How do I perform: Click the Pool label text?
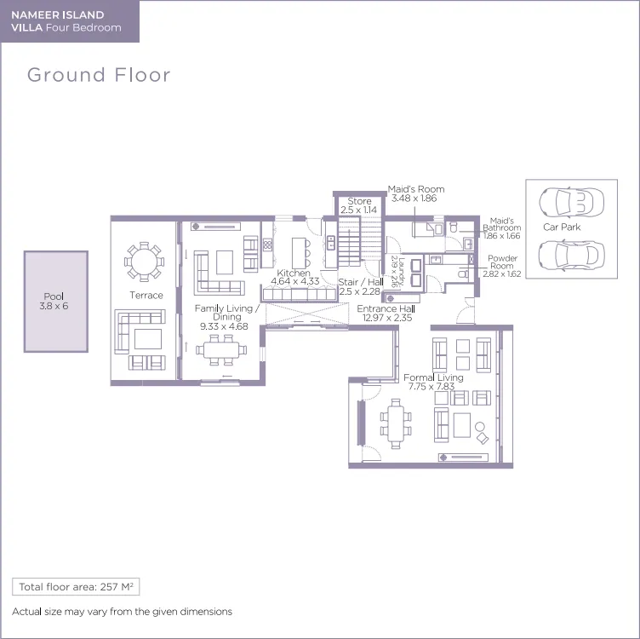click(x=54, y=296)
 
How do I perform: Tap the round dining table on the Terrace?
click(x=144, y=262)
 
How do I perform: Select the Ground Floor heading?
click(x=99, y=75)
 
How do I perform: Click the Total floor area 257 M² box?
click(x=76, y=587)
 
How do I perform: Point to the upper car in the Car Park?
click(x=571, y=202)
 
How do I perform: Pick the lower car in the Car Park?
click(x=571, y=256)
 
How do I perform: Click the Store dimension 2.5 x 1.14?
click(x=359, y=210)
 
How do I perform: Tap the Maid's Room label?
click(x=416, y=189)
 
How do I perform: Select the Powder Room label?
click(x=502, y=262)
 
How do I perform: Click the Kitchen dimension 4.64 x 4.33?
click(x=295, y=281)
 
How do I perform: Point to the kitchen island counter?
click(x=299, y=253)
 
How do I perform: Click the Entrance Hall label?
click(x=386, y=309)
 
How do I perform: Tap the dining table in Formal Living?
click(x=396, y=423)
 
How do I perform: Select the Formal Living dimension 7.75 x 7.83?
click(x=431, y=387)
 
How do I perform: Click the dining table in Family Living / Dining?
click(x=220, y=350)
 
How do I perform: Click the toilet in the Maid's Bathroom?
click(x=454, y=227)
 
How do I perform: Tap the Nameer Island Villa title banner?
click(x=70, y=21)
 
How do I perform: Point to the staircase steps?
click(x=359, y=242)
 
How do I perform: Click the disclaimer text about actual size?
click(x=122, y=612)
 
